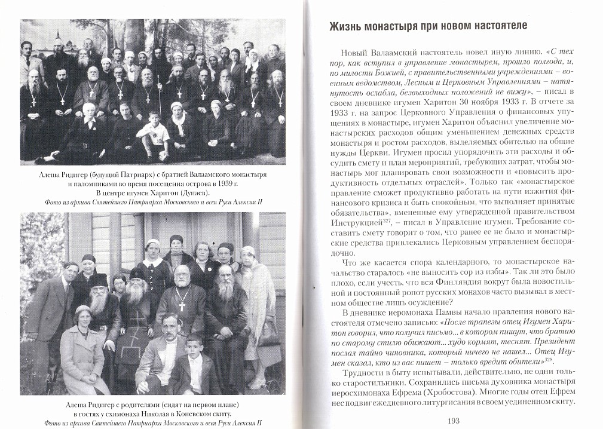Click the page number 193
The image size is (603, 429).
(452, 421)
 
